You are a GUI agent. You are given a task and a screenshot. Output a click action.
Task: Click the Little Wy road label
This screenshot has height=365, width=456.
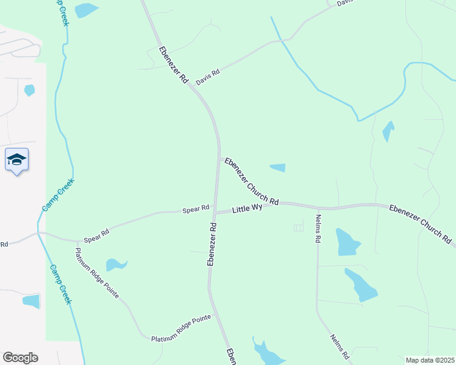coord(248,209)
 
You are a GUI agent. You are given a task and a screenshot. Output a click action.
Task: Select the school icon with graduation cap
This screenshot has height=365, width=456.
coord(16,160)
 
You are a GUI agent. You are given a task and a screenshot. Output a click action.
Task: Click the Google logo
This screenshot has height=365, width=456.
coord(20,358)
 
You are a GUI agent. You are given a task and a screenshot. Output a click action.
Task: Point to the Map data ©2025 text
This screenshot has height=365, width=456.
coord(430,360)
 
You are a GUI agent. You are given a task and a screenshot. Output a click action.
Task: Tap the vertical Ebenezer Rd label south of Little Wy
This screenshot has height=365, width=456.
coord(212,244)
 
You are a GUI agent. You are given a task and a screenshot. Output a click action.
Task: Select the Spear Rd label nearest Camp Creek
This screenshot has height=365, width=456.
coord(96,235)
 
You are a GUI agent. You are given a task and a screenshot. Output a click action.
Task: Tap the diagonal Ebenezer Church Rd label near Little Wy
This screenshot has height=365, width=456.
coord(251,181)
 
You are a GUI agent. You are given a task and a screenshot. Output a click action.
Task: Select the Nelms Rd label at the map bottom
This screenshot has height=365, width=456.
coord(339,347)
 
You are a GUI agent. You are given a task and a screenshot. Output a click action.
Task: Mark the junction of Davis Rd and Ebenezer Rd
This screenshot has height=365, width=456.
coord(191,85)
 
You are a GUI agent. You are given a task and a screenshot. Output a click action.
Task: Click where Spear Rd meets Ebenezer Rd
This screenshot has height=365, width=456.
coord(214,212)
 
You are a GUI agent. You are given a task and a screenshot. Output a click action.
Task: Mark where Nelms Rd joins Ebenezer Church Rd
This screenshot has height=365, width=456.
coord(316,206)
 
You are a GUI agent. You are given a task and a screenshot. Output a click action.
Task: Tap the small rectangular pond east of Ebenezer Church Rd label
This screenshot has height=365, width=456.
coord(277,168)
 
